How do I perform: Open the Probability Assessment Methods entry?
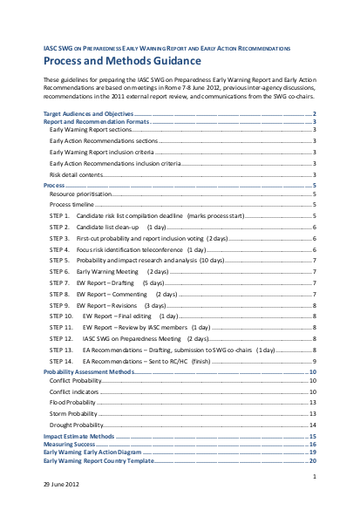click(89, 371)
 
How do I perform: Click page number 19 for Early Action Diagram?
click(311, 452)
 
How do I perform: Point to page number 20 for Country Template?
click(311, 459)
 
